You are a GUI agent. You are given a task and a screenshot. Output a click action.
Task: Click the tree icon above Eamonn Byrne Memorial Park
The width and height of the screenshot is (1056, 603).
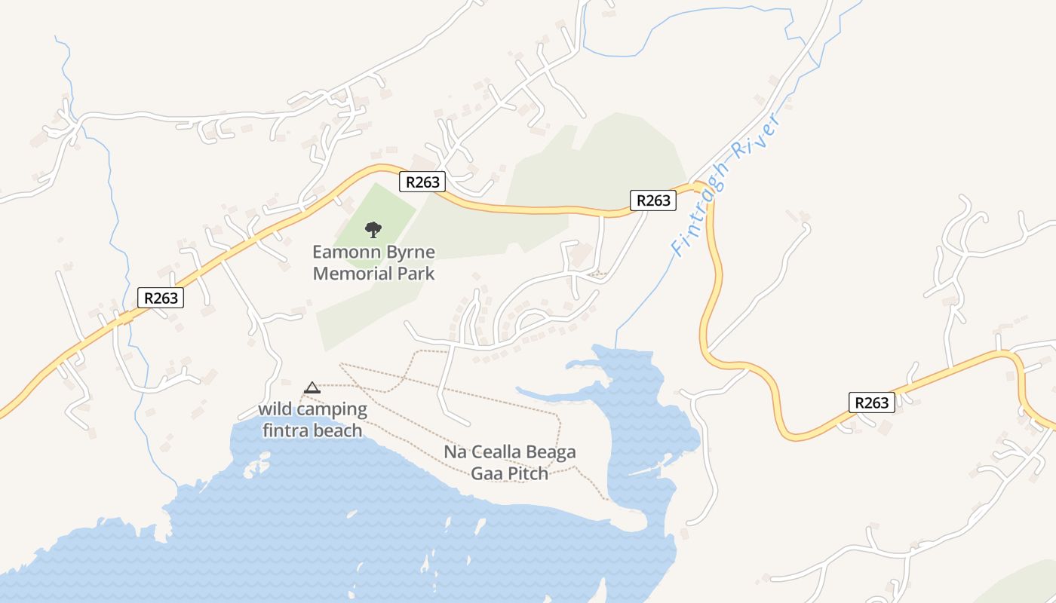click(x=373, y=229)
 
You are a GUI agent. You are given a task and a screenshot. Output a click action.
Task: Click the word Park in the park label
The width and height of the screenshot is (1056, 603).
click(x=418, y=273)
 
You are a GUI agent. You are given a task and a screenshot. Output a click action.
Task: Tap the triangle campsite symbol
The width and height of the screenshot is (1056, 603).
click(x=312, y=387)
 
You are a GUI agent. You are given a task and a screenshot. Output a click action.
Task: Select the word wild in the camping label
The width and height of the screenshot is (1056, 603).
click(x=275, y=410)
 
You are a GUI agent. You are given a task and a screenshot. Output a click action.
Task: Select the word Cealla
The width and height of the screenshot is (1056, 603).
click(x=497, y=452)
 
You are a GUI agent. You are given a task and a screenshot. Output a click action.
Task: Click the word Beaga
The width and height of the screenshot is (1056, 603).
click(x=552, y=452)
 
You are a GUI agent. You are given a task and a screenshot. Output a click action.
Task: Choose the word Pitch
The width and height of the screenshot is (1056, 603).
click(x=526, y=473)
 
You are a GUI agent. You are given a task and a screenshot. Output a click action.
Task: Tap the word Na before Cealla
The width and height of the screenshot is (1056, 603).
click(x=455, y=452)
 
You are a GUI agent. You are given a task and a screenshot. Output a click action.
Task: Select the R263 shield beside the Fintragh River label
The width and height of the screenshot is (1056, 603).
click(x=653, y=200)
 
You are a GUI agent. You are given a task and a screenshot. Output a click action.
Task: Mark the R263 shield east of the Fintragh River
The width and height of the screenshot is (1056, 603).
click(x=872, y=403)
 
